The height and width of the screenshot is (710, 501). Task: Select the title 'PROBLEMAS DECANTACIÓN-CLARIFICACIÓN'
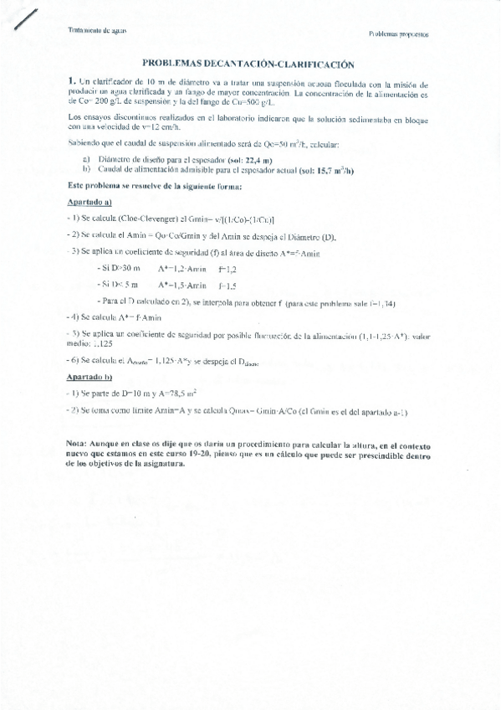(x=243, y=63)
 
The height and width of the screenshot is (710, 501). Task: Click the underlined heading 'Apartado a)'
(x=89, y=202)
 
